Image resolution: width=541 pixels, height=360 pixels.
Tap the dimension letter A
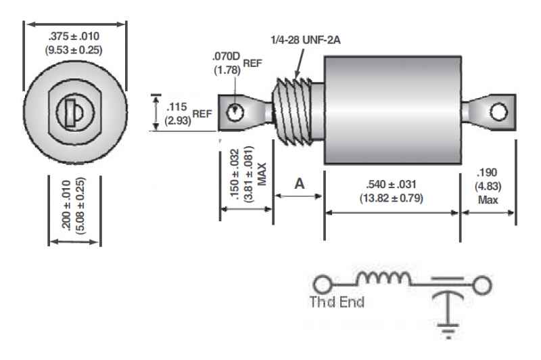point(298,183)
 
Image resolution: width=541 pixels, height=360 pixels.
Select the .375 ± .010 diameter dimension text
point(74,37)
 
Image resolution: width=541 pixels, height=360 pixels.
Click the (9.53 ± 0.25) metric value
point(74,49)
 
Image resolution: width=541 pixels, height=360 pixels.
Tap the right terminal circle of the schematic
point(482,285)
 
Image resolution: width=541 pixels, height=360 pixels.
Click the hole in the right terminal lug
point(499,112)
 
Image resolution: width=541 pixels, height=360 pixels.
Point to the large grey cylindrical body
point(392,102)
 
